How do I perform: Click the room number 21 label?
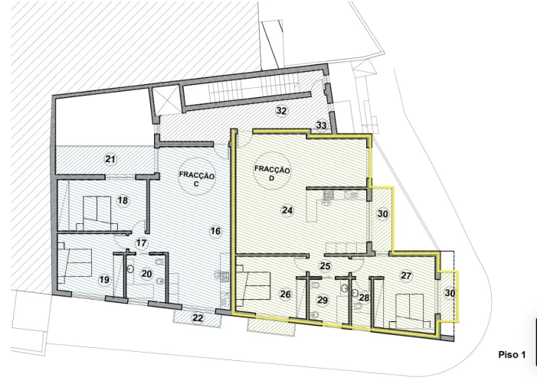110,159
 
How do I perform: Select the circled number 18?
123,200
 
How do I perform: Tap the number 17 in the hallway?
141,242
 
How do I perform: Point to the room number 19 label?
103,280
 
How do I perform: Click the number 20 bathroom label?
147,273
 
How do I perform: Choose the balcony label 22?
198,317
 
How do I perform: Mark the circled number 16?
215,230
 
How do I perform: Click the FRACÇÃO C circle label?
196,179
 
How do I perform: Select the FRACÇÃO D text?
273,174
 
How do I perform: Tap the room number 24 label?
287,210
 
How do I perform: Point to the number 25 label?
325,265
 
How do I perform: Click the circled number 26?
285,294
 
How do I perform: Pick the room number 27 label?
406,275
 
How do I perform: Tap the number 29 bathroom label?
323,301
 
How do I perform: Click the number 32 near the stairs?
281,111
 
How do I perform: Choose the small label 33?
321,125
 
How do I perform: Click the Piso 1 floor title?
512,355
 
